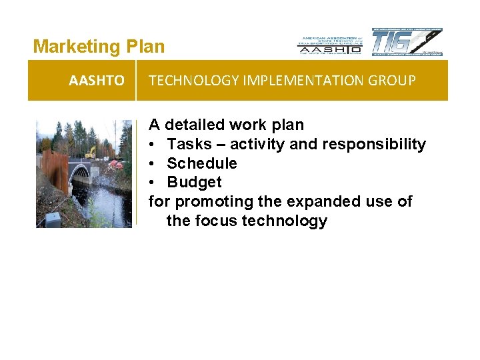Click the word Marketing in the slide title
click(x=75, y=47)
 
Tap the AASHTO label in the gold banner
click(x=96, y=81)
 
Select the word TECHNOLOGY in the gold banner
click(x=187, y=81)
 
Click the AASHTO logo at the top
click(x=330, y=45)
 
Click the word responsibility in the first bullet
click(x=373, y=144)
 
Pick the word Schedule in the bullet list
click(x=201, y=163)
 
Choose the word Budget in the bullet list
click(x=194, y=182)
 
